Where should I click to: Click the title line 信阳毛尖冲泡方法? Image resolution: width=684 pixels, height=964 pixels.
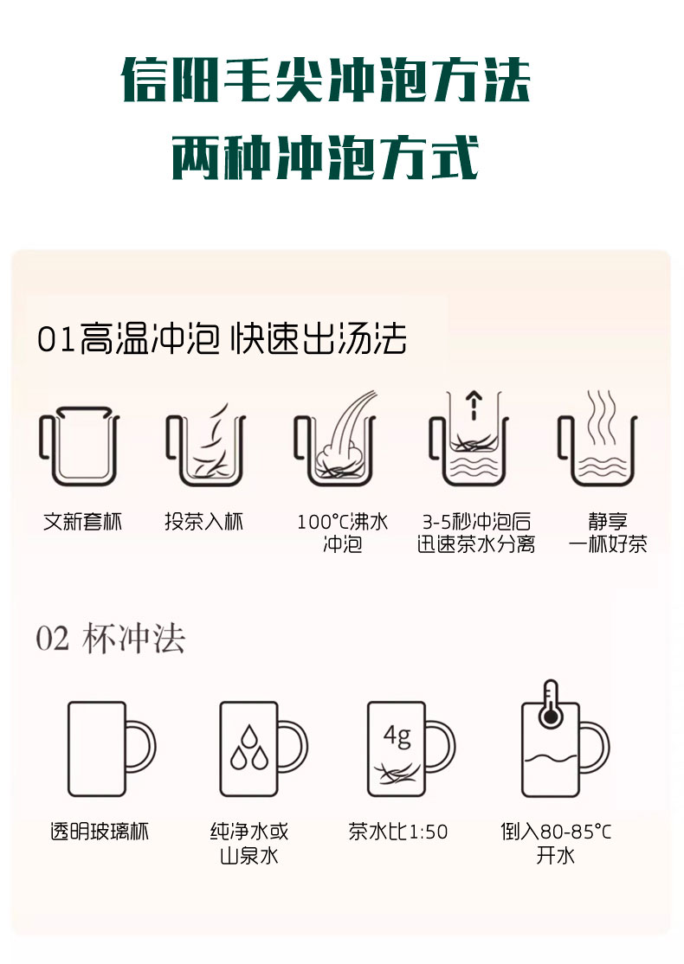(x=326, y=80)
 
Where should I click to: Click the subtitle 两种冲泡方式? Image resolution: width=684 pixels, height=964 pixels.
(x=326, y=158)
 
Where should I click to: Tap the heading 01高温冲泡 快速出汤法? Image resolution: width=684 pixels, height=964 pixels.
(x=222, y=338)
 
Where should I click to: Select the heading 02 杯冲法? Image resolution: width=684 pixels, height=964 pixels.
(x=111, y=638)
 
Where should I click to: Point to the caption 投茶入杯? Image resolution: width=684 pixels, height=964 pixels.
(x=204, y=522)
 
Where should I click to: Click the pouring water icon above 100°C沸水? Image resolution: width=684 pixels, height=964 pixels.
(x=336, y=438)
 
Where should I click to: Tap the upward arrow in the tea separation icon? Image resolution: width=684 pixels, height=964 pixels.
(x=474, y=405)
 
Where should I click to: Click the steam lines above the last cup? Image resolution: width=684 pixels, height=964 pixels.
(x=601, y=417)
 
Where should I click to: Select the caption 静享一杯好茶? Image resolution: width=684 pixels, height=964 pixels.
(x=608, y=533)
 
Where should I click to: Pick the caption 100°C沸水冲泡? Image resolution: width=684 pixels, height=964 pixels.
(x=343, y=533)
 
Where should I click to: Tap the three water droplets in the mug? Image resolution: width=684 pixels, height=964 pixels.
(x=249, y=748)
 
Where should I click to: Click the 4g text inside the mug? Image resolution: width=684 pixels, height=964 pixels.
(x=397, y=736)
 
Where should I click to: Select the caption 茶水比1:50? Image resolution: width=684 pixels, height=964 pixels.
(x=398, y=832)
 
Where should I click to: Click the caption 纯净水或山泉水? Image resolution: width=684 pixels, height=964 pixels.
(x=249, y=844)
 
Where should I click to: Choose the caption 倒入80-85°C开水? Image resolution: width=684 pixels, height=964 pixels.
(x=556, y=844)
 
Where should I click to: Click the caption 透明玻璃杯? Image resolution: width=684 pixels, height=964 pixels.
(x=100, y=832)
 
